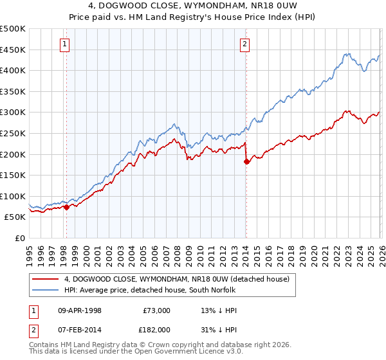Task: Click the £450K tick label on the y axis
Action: (x=13, y=50)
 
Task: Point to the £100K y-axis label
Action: (x=13, y=196)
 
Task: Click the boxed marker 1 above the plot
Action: (x=66, y=44)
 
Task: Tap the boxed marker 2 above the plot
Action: (x=246, y=44)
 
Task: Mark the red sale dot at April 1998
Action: (x=66, y=207)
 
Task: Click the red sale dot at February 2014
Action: (x=246, y=162)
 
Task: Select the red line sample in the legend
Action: (x=45, y=279)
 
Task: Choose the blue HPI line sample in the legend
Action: (x=45, y=290)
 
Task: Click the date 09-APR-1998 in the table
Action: (x=80, y=310)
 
